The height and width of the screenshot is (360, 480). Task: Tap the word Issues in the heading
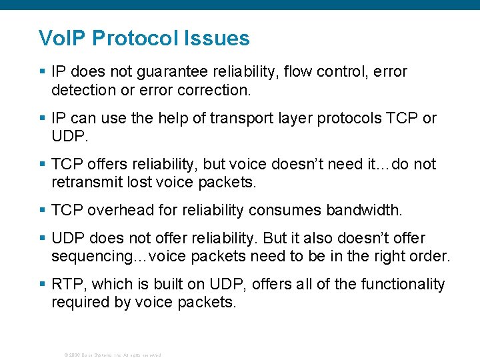[218, 38]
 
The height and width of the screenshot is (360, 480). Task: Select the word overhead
[109, 211]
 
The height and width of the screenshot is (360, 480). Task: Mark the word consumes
[284, 211]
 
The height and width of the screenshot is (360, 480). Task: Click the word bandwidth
[364, 211]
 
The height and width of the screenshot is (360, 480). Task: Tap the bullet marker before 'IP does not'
[43, 71]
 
